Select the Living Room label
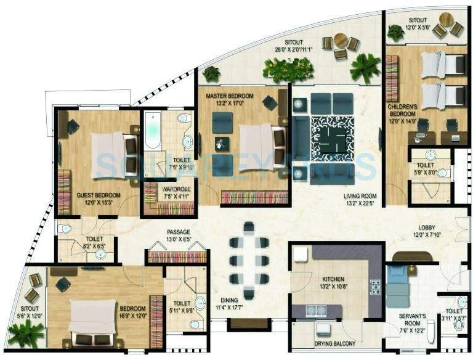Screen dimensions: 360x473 [x=361, y=197]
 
